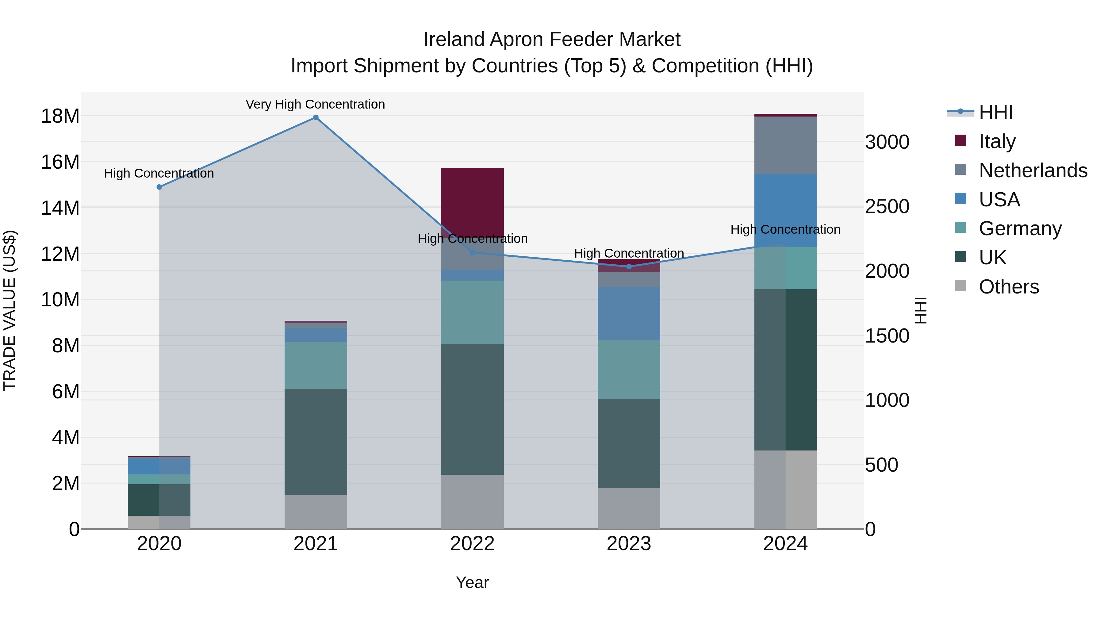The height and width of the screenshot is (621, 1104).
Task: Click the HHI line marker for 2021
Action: coord(316,117)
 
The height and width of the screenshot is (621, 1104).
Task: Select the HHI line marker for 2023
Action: coord(629,266)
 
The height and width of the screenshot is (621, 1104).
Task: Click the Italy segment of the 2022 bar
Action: coord(472,201)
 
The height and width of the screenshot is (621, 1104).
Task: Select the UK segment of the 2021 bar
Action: coord(316,441)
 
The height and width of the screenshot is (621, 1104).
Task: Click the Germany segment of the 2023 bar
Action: coord(629,370)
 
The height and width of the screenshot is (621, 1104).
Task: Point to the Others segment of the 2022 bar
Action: coord(472,501)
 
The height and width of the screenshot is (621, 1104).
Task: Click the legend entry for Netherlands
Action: coord(1033,171)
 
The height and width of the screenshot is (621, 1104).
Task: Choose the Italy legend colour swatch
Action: coord(960,140)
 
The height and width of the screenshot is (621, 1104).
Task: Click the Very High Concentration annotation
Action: coord(316,104)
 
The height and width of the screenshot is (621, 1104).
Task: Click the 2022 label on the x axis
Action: coord(472,544)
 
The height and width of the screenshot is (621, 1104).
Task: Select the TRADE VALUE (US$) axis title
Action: coord(10,310)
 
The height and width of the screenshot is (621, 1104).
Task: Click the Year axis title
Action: coord(472,582)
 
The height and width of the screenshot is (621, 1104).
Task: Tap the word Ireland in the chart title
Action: coord(454,40)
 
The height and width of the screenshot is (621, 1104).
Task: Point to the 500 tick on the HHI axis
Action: coord(882,465)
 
